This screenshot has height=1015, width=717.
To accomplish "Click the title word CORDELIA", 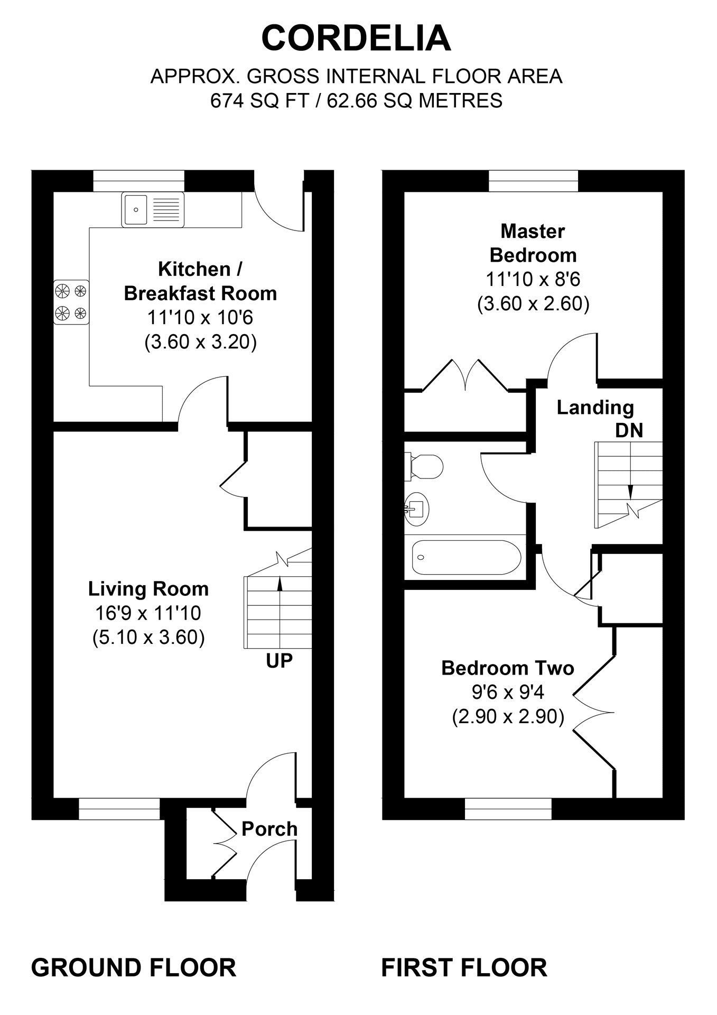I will [x=357, y=39].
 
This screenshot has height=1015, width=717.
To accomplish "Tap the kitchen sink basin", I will [x=136, y=209].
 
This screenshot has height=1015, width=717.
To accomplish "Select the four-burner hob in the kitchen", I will [x=71, y=302].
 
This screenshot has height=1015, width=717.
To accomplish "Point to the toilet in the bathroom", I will [x=425, y=466].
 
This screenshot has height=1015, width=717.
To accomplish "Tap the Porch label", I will [x=269, y=829].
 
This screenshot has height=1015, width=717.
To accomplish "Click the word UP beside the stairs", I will [x=279, y=661].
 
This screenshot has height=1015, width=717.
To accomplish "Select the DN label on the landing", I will [x=629, y=430].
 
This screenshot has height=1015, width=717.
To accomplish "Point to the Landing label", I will [x=595, y=408].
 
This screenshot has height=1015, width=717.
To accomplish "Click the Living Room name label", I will [x=148, y=589].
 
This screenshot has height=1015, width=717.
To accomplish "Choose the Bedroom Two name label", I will [x=507, y=668].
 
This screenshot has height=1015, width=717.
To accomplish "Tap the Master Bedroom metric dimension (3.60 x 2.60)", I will [x=533, y=304].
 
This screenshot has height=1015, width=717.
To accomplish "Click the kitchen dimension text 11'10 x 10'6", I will [x=200, y=318].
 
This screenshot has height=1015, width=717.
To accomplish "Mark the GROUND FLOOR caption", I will [x=134, y=967].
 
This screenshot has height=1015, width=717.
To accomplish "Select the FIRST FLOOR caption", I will [x=464, y=967].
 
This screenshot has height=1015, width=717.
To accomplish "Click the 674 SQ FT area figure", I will [x=259, y=100].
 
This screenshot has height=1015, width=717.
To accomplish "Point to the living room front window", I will [x=119, y=809].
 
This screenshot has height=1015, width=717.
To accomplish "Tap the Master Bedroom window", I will [x=534, y=181].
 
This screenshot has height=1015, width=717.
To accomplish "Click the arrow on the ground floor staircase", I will [x=280, y=583].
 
